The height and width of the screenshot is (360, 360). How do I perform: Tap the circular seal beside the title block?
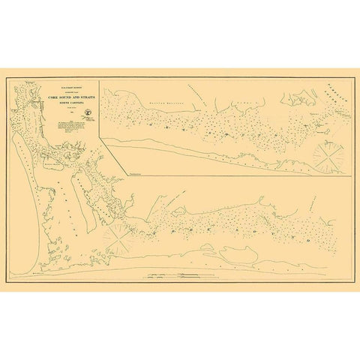click(88, 113)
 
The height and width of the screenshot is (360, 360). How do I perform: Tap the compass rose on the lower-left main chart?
click(119, 239)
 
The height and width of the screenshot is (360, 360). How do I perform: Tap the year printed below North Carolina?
click(76, 109)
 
